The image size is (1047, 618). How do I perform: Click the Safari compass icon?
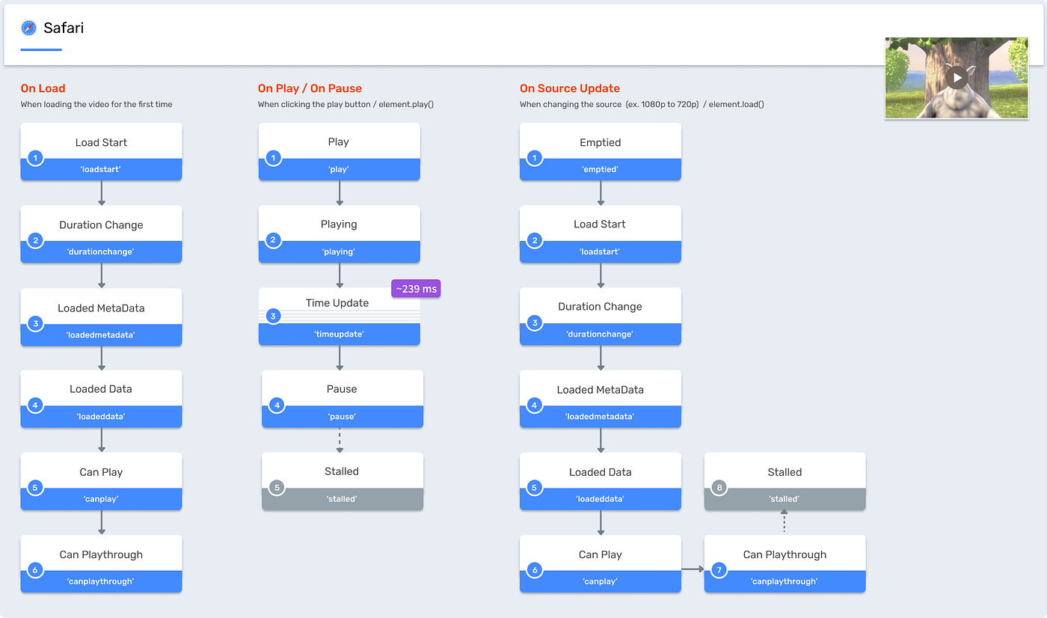click(x=29, y=28)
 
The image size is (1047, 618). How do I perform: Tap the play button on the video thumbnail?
click(x=957, y=77)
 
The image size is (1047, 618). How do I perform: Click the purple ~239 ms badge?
click(x=416, y=289)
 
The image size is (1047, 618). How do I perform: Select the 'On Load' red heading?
click(x=43, y=88)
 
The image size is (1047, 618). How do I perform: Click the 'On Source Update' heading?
click(x=570, y=88)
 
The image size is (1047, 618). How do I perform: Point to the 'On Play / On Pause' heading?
click(x=310, y=88)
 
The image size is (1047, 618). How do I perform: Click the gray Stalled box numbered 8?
click(x=785, y=481)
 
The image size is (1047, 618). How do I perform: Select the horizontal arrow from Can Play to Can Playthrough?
click(x=693, y=569)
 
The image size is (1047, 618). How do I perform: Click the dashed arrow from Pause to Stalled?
click(x=340, y=440)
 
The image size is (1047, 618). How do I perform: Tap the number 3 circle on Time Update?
click(x=273, y=316)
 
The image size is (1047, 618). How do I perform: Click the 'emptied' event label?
click(x=600, y=169)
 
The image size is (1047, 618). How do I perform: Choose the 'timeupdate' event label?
click(x=339, y=334)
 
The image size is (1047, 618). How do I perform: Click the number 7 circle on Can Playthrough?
click(x=719, y=570)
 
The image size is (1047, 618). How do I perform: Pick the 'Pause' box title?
click(x=342, y=389)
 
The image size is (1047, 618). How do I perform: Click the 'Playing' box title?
click(x=339, y=224)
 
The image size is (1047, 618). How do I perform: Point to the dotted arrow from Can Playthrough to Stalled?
click(x=785, y=521)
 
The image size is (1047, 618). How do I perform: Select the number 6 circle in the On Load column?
click(x=34, y=570)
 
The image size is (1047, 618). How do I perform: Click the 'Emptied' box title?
click(x=600, y=142)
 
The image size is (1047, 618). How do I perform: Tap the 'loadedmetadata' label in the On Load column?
click(x=101, y=334)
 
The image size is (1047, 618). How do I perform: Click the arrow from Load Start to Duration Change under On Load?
click(x=102, y=193)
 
